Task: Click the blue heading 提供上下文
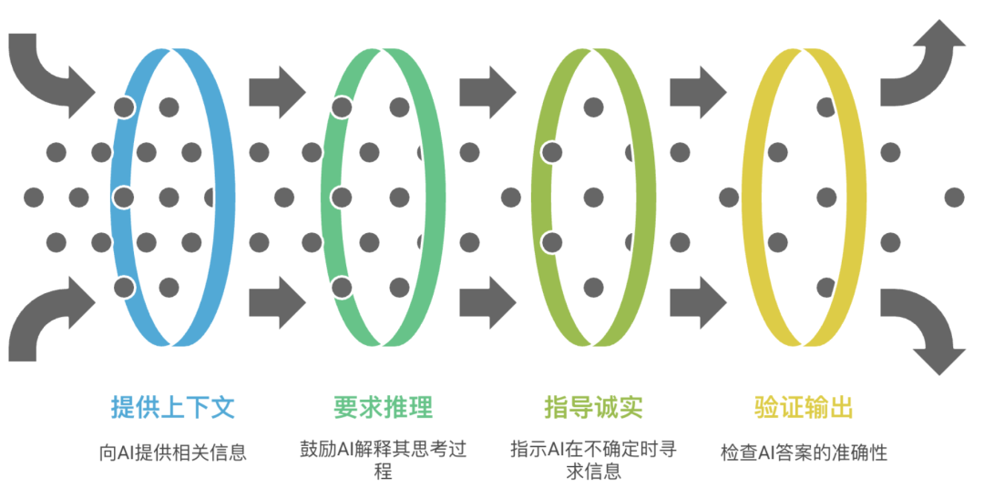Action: [x=172, y=406]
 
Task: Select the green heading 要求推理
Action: [x=383, y=406]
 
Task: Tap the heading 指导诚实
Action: [x=593, y=406]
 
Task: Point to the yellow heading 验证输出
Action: [x=804, y=406]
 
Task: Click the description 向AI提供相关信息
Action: [x=172, y=452]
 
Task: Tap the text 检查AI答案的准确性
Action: [x=804, y=452]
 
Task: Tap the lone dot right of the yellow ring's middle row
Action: [x=954, y=197]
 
